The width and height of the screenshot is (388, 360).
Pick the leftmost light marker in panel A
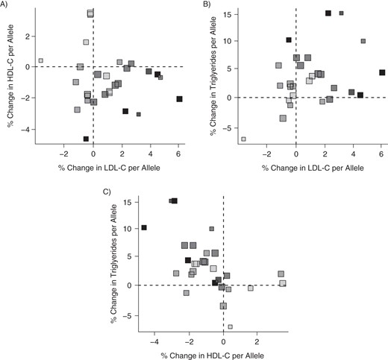coord(40,60)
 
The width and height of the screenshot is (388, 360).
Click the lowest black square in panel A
coord(87,139)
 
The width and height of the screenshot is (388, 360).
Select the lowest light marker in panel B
coord(243,139)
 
